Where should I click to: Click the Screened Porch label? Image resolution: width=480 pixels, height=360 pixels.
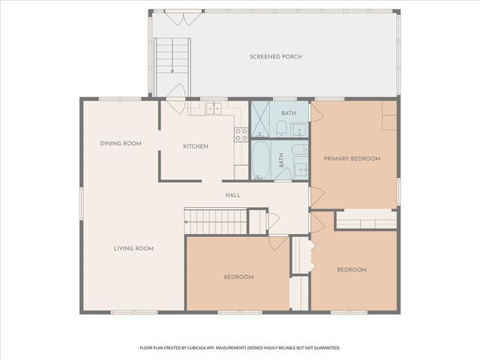[x=276, y=57]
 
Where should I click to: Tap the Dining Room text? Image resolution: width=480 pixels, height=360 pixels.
[x=121, y=143]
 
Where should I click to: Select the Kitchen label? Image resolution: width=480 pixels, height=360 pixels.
[x=196, y=146]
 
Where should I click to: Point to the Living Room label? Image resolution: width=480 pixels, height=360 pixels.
[x=133, y=248]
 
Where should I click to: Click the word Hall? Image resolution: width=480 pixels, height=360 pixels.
[x=232, y=196]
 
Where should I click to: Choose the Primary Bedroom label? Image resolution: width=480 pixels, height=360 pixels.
[x=352, y=159]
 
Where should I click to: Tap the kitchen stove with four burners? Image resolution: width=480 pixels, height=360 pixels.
[x=241, y=135]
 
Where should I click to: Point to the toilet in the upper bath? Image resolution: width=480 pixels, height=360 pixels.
[x=300, y=127]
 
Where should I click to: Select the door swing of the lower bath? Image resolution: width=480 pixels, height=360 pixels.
[x=284, y=173]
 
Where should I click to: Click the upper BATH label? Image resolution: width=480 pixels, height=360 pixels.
[x=289, y=113]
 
